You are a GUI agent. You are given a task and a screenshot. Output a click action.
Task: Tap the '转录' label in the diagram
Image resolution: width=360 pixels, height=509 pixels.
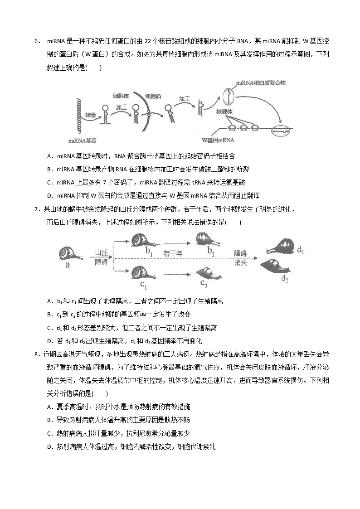coord(91,116)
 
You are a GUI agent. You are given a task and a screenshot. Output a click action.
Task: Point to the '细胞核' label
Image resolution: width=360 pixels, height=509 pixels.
coord(121,96)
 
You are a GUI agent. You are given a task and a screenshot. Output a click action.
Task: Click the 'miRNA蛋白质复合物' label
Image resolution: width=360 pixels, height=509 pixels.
coord(261,83)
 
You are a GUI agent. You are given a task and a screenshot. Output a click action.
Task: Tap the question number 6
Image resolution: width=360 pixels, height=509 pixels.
coord(36,42)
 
